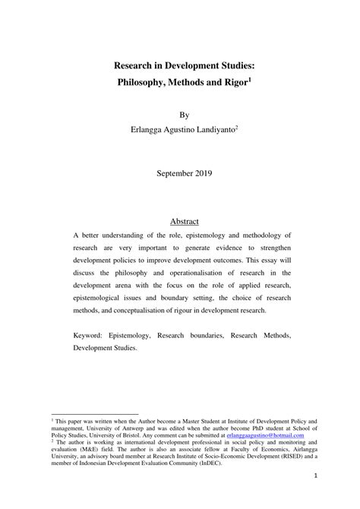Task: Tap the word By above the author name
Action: [183, 115]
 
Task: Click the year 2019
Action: [203, 172]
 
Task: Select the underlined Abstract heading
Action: [184, 221]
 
